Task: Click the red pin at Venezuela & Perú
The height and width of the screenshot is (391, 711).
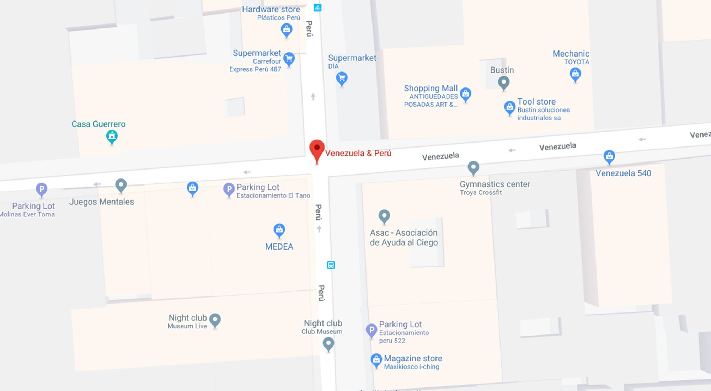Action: (317, 149)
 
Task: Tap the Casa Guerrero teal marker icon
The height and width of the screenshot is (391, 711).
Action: (112, 136)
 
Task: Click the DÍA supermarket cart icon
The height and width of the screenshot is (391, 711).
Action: (342, 78)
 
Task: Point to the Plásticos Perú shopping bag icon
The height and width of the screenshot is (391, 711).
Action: (287, 30)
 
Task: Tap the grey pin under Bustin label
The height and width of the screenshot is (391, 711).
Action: (503, 82)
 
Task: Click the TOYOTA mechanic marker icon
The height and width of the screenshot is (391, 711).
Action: (575, 74)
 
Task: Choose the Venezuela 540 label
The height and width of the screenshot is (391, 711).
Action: (623, 173)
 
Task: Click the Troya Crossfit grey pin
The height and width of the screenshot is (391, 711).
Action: (473, 167)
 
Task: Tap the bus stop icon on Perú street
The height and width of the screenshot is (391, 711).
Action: (331, 265)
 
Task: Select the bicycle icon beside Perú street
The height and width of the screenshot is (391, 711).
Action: (317, 7)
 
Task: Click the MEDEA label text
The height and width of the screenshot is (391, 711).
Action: (279, 247)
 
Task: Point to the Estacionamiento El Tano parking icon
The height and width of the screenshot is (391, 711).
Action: (229, 189)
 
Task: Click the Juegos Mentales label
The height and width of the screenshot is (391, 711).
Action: (102, 202)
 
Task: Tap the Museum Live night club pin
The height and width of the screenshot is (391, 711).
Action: (215, 320)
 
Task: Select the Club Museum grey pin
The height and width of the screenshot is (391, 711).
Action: (328, 343)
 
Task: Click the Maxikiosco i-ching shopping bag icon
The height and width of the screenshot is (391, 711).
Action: (376, 360)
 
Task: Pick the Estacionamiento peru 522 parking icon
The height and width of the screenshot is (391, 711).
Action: (371, 330)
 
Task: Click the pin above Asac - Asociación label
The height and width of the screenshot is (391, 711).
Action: (384, 215)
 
